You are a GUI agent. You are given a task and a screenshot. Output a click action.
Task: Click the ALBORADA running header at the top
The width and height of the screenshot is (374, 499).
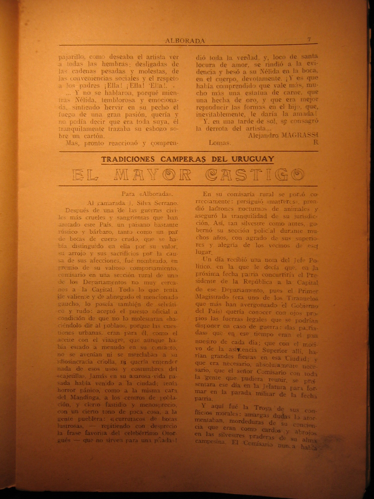coord(185,41)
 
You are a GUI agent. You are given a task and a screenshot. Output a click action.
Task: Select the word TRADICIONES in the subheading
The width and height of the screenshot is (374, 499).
coord(127,159)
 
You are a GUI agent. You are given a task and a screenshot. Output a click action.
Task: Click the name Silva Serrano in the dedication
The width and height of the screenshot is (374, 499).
coord(156,202)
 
